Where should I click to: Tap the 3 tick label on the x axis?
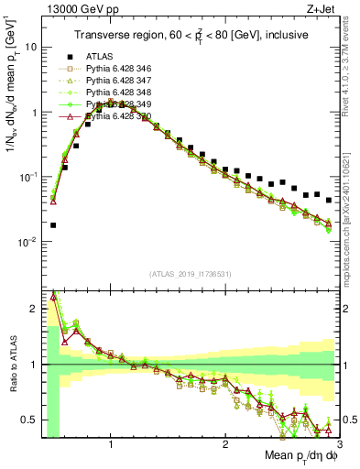tap(338, 441)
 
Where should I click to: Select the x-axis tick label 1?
tap(111, 441)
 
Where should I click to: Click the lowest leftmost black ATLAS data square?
tap(53, 224)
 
